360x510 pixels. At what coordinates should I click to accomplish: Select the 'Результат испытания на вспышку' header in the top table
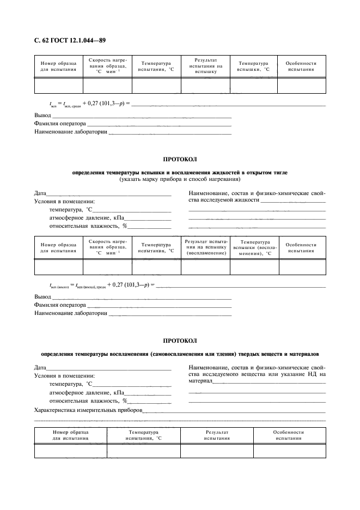(x=205, y=66)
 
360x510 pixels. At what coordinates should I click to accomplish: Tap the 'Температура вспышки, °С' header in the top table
(x=253, y=66)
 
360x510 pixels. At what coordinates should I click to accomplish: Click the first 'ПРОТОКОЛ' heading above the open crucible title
(x=180, y=159)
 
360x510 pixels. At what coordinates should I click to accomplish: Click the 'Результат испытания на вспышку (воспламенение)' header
(x=205, y=247)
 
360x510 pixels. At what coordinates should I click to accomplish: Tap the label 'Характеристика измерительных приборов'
(x=88, y=410)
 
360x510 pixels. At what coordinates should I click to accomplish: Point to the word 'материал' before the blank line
(x=199, y=381)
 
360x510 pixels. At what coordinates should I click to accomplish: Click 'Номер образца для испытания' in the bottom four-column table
(x=70, y=435)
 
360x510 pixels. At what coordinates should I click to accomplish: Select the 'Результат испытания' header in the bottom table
(x=216, y=435)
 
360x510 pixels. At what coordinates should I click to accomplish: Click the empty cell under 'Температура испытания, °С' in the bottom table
(x=143, y=451)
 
